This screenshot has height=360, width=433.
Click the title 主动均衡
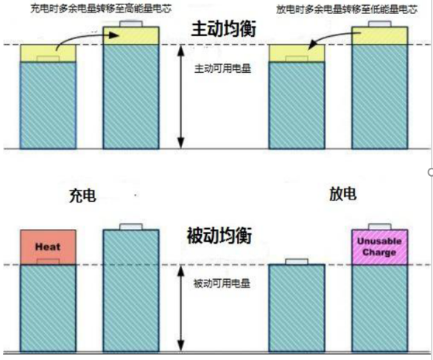point(224,29)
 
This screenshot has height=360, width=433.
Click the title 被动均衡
point(219,236)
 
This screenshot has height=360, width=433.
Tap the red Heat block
point(48,247)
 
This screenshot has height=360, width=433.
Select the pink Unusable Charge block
point(380,247)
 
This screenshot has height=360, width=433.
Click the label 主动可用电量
point(222,68)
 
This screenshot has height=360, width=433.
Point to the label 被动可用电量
point(222,283)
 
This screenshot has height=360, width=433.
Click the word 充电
point(82,196)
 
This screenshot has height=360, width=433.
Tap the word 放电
point(343,194)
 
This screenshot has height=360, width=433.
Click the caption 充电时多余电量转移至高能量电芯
point(101,9)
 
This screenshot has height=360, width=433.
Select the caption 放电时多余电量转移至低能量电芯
point(347,10)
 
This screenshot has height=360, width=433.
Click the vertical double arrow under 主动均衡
point(180,96)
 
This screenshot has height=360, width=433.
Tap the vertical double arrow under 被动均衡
point(180,308)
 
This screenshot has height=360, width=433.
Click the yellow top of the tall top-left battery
point(131,35)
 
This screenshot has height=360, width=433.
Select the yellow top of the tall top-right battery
point(380,35)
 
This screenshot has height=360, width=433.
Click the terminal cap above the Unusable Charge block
point(380,227)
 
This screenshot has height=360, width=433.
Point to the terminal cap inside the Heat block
point(48,262)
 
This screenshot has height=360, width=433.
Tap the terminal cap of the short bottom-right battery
point(297,261)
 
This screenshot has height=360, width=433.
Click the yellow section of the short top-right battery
point(297,53)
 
